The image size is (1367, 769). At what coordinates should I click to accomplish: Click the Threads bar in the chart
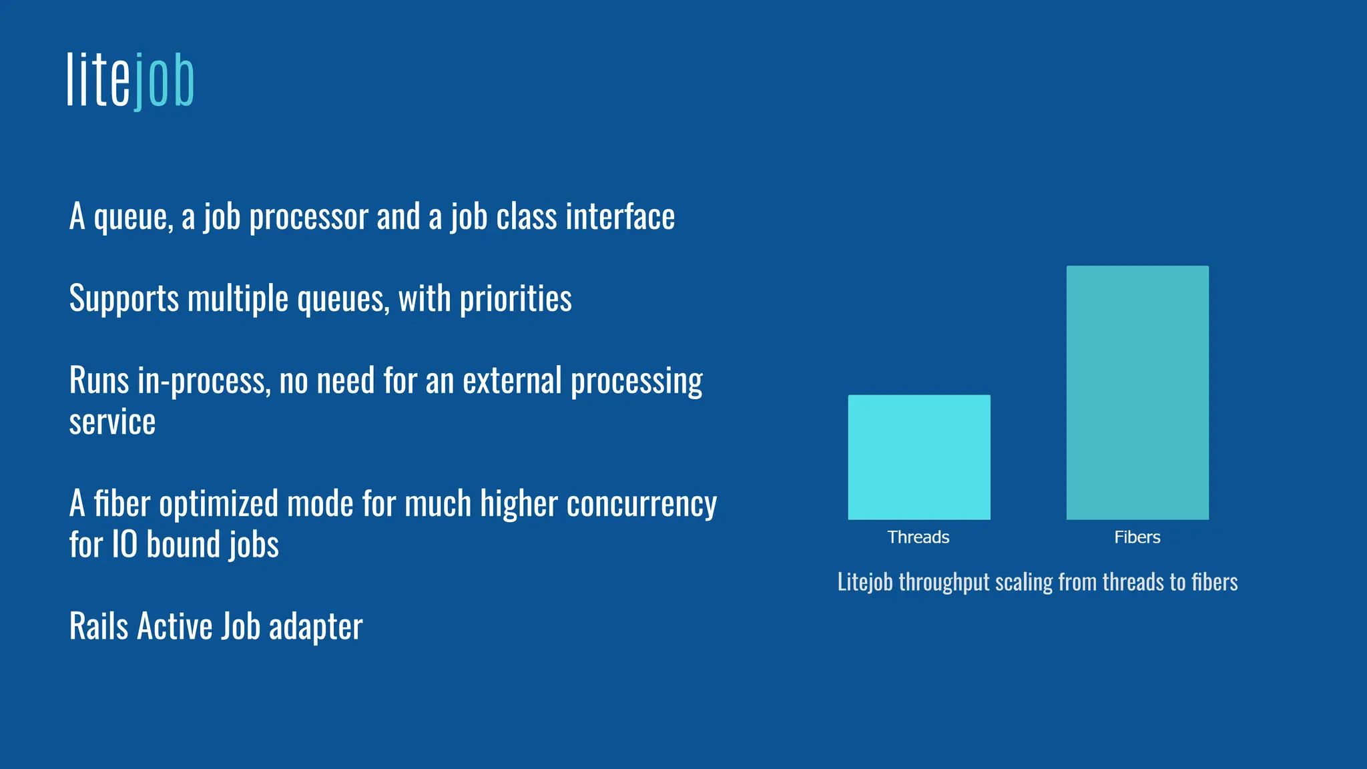(919, 457)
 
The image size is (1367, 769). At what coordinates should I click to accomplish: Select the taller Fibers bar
(1137, 393)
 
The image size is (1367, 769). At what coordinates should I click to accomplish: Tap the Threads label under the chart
(918, 537)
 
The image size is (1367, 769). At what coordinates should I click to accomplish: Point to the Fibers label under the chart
(1137, 537)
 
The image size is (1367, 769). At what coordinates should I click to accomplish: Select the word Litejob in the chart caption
(865, 582)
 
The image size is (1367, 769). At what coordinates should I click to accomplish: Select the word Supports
(124, 299)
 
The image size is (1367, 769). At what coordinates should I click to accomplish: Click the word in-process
(204, 381)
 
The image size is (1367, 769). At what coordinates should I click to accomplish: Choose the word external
(513, 381)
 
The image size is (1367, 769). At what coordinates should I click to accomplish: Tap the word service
(112, 423)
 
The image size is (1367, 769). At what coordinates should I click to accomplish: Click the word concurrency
(641, 504)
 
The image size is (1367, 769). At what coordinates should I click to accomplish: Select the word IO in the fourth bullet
(125, 545)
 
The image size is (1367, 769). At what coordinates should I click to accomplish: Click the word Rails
(99, 627)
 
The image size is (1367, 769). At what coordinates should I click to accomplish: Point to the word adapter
(316, 627)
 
